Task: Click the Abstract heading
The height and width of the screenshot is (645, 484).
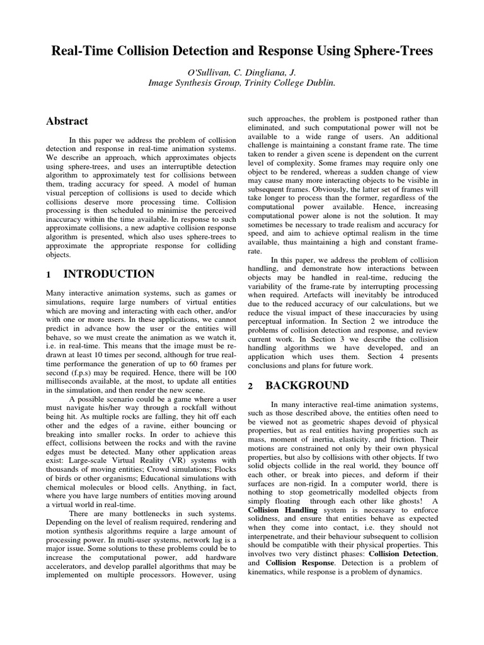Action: [67, 121]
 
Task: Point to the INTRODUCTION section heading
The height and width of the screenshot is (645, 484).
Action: [109, 274]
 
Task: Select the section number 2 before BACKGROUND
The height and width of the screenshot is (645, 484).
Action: [251, 386]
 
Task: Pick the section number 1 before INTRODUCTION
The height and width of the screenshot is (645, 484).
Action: [49, 275]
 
